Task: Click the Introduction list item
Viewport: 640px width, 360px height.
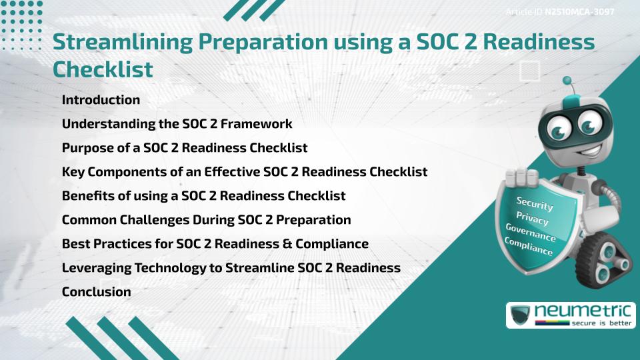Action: point(101,100)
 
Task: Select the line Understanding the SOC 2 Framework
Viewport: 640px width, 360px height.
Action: point(177,124)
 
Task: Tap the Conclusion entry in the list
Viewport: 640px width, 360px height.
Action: point(96,291)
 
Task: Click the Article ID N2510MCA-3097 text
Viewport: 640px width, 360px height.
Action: point(560,12)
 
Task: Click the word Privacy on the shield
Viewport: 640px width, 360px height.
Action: point(532,219)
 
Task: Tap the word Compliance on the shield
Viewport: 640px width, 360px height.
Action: point(529,247)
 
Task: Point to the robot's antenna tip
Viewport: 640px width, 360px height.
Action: point(567,81)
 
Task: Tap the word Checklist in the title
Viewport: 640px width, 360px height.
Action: point(103,69)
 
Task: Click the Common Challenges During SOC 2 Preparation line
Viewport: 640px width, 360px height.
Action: point(206,219)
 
